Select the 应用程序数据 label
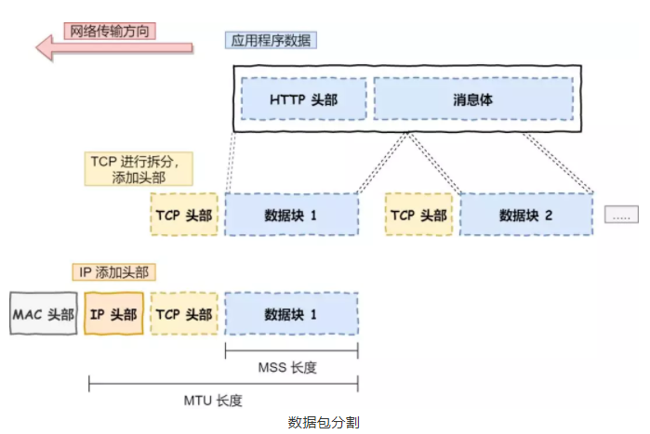272,41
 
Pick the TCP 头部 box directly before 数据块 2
418,215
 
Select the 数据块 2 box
525,215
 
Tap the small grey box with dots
621,214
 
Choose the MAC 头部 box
43,315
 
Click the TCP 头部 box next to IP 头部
182,315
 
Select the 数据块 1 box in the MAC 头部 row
291,315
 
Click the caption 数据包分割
324,422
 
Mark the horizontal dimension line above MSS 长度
291,350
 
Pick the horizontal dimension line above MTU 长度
222,383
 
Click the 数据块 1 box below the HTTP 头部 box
291,215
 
